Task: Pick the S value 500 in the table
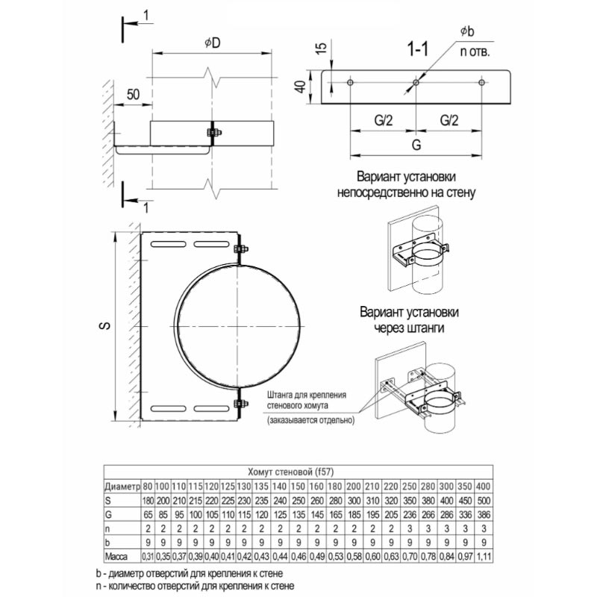tap(483, 499)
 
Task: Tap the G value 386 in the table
tap(483, 514)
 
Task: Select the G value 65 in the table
tap(148, 514)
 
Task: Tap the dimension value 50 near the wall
tap(134, 94)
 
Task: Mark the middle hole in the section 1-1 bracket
tap(416, 82)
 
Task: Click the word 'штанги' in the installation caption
tap(430, 326)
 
